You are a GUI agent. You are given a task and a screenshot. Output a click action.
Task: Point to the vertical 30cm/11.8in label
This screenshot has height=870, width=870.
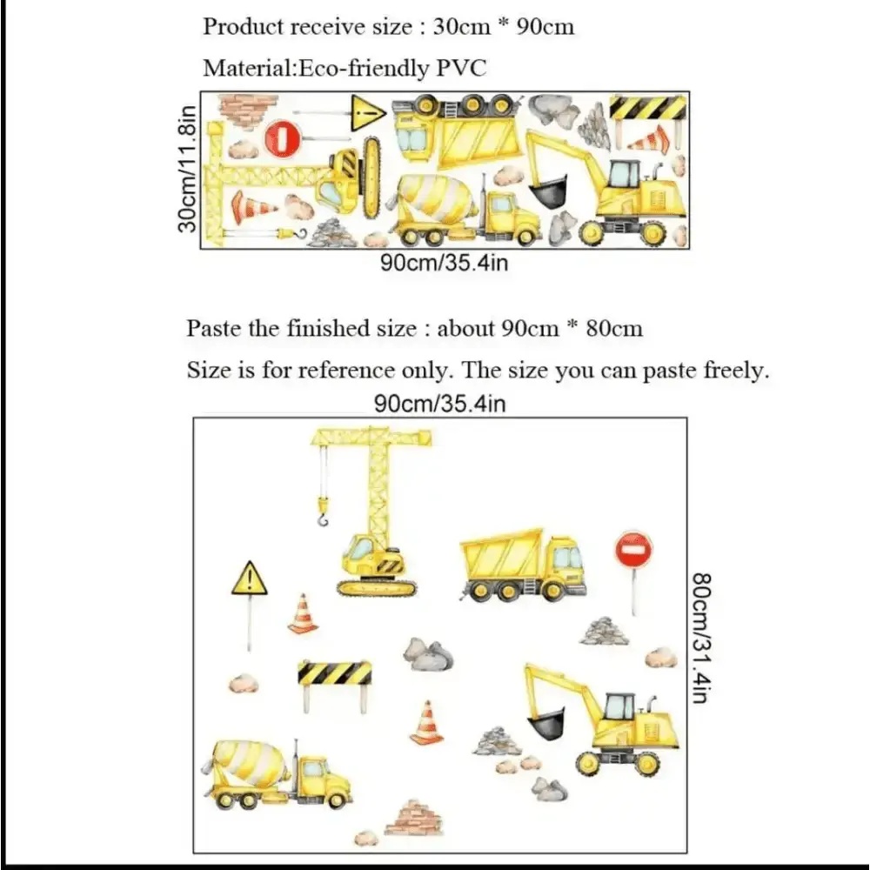tap(186, 169)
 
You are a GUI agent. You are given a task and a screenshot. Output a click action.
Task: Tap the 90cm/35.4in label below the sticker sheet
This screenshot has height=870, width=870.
tap(444, 263)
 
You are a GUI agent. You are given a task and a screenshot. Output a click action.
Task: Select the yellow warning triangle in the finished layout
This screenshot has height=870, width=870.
tap(249, 579)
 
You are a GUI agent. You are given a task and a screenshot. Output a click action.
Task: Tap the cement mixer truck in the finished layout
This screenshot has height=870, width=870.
tap(281, 773)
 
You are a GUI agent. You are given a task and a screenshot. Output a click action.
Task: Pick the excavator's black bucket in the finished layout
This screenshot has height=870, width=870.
tap(546, 724)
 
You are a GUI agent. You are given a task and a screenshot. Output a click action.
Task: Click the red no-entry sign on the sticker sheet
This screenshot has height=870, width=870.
tap(283, 137)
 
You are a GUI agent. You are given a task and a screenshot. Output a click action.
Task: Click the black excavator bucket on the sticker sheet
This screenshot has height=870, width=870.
tap(549, 192)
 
